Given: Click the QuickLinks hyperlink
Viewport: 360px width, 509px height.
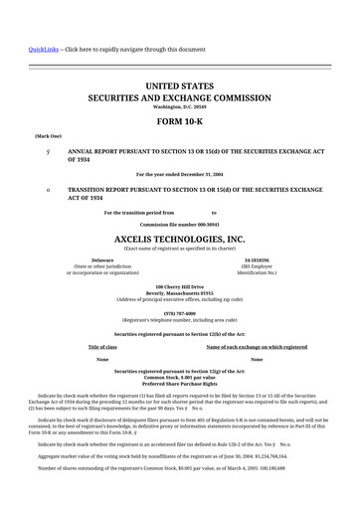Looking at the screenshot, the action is pos(27,49).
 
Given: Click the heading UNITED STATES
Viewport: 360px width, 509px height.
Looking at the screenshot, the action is pos(180,87).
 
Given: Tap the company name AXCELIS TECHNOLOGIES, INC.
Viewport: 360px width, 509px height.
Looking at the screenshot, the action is pos(180,240).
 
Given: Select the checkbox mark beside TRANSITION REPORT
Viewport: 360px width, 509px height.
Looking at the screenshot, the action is pos(35,187).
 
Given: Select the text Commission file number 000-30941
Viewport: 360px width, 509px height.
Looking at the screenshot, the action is pos(180,225).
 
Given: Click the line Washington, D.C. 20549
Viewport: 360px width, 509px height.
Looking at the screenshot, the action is pos(180,107).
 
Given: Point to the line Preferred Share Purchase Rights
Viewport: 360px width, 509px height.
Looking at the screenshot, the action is pos(180,383).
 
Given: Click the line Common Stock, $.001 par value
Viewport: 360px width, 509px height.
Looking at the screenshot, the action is pos(180,376).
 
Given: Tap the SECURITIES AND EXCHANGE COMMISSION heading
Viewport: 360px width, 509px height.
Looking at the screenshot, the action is pos(180,99).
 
